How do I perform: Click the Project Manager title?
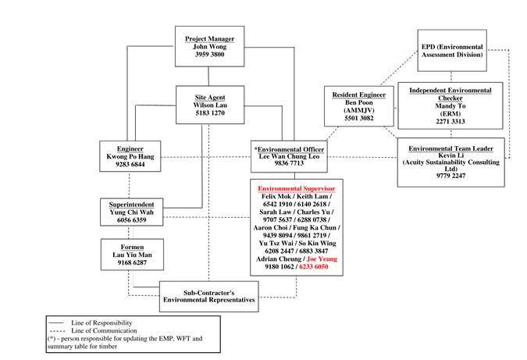pos(209,38)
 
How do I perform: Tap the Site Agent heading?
pos(210,96)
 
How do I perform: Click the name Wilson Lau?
pos(210,105)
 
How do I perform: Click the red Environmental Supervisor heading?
pos(296,189)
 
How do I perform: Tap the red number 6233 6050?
pos(310,266)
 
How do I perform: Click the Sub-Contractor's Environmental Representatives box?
pos(208,296)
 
